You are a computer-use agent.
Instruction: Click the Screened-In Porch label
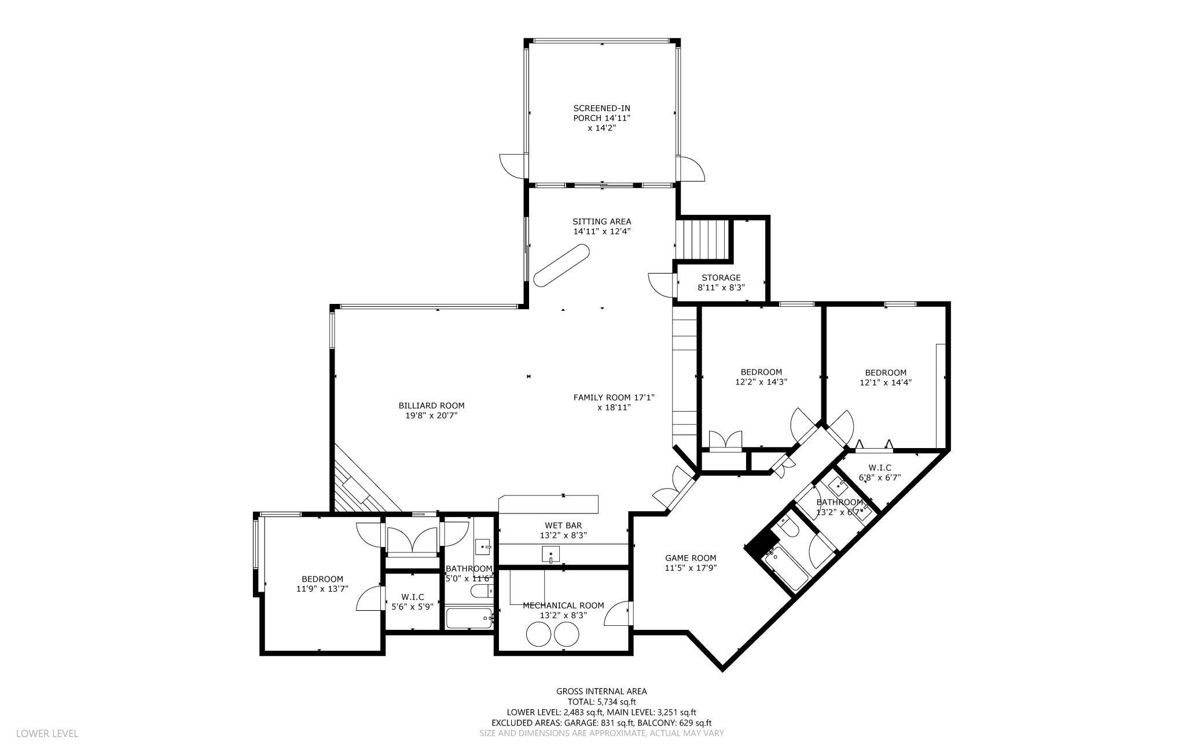pos(601,118)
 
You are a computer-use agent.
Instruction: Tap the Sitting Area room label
pos(601,226)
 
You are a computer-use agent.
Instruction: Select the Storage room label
pos(721,283)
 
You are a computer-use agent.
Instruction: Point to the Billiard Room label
pos(431,410)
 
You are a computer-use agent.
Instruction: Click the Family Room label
pos(614,402)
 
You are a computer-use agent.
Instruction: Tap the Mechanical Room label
pos(563,610)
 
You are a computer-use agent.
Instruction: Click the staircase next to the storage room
pos(702,240)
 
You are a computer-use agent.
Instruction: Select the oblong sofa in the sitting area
pos(561,266)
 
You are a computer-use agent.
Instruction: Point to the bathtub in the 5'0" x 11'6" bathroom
pos(469,618)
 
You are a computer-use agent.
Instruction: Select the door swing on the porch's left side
pos(513,166)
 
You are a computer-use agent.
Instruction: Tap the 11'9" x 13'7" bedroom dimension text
pos(322,589)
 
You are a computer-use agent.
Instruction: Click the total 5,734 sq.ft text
pos(601,702)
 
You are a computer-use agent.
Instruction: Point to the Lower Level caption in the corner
pos(47,733)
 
